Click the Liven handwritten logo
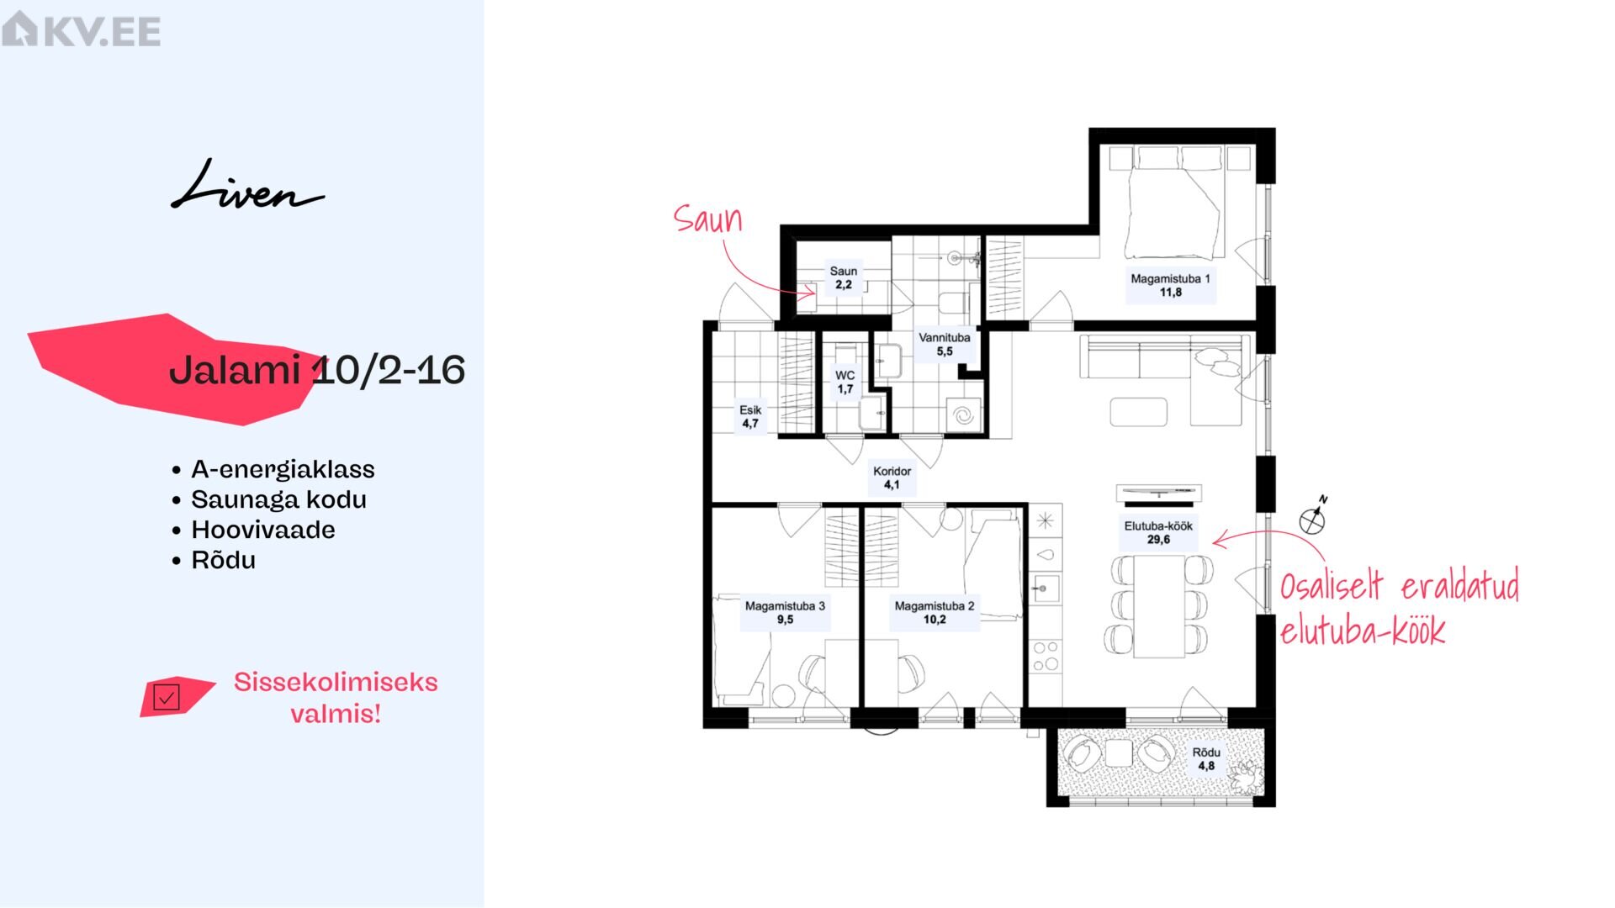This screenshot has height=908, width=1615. pyautogui.click(x=246, y=187)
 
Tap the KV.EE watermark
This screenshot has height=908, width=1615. pyautogui.click(x=81, y=29)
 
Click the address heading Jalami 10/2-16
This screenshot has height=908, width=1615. pyautogui.click(x=317, y=370)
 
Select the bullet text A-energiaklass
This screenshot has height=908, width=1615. pyautogui.click(x=283, y=469)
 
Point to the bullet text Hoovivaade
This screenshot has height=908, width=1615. pyautogui.click(x=263, y=530)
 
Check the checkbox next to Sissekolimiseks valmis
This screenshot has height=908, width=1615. pyautogui.click(x=167, y=697)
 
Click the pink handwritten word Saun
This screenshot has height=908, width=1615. pyautogui.click(x=708, y=219)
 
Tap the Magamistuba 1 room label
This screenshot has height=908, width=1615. pyautogui.click(x=1170, y=285)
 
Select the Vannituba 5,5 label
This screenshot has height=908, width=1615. pyautogui.click(x=944, y=344)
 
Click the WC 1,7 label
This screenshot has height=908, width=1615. pyautogui.click(x=845, y=383)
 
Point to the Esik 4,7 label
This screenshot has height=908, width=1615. pyautogui.click(x=750, y=417)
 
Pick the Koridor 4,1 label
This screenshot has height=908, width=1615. pyautogui.click(x=892, y=478)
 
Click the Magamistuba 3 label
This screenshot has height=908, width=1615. pyautogui.click(x=785, y=612)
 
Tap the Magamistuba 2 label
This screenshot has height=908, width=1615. pyautogui.click(x=935, y=612)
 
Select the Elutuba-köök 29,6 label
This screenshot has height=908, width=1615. pyautogui.click(x=1158, y=532)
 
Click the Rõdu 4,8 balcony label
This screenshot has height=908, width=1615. pyautogui.click(x=1206, y=759)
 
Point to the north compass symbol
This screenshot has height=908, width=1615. pyautogui.click(x=1313, y=518)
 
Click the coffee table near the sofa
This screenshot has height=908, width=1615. pyautogui.click(x=1138, y=412)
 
